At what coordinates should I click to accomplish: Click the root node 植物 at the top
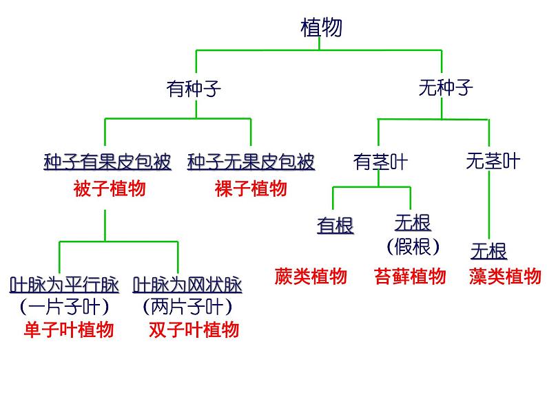point(321,28)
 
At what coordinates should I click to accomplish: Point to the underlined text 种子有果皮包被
point(107,162)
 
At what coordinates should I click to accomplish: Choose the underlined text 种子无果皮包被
point(251,162)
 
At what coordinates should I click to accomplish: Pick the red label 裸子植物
point(250,188)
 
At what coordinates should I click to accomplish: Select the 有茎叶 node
point(380,162)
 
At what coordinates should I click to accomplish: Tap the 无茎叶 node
point(493,162)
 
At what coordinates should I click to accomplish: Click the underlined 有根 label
point(336,225)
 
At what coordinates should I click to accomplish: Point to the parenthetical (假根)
point(413,246)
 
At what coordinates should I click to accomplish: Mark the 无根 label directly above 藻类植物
point(488,250)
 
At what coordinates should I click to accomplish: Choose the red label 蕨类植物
point(311,277)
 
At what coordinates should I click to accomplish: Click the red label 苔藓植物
point(410,277)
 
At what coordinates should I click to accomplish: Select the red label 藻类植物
point(505,277)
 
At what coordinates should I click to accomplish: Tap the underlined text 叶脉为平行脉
point(64,284)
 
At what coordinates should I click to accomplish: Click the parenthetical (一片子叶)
point(64,306)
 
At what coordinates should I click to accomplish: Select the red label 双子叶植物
point(194,330)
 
